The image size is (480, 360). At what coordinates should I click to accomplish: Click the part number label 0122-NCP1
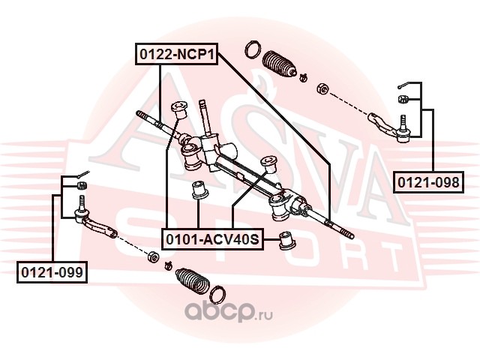click(177, 54)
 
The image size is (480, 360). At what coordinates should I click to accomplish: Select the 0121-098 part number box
click(428, 182)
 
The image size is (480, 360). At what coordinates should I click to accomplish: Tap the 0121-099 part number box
click(52, 272)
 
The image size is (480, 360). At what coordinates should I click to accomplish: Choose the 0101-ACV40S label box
click(212, 239)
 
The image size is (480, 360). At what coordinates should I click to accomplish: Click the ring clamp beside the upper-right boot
click(253, 49)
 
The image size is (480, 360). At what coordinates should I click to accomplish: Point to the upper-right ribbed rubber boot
click(280, 64)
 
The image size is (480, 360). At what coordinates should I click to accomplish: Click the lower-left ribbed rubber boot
click(192, 281)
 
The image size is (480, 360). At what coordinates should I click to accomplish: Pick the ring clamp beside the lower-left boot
click(217, 295)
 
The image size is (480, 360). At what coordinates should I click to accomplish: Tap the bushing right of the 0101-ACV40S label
click(287, 240)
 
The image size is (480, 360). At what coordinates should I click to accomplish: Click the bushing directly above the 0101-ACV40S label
click(199, 190)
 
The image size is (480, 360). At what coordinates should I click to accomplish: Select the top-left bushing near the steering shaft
click(178, 110)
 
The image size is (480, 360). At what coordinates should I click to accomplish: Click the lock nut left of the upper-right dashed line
click(323, 88)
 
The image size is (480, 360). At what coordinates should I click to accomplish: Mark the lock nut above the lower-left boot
click(153, 256)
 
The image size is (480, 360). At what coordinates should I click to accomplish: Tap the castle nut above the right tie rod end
click(403, 99)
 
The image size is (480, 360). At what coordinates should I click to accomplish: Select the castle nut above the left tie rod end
click(82, 185)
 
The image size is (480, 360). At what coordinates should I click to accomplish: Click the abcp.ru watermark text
click(228, 310)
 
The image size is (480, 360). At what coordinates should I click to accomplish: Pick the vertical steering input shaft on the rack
click(205, 118)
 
